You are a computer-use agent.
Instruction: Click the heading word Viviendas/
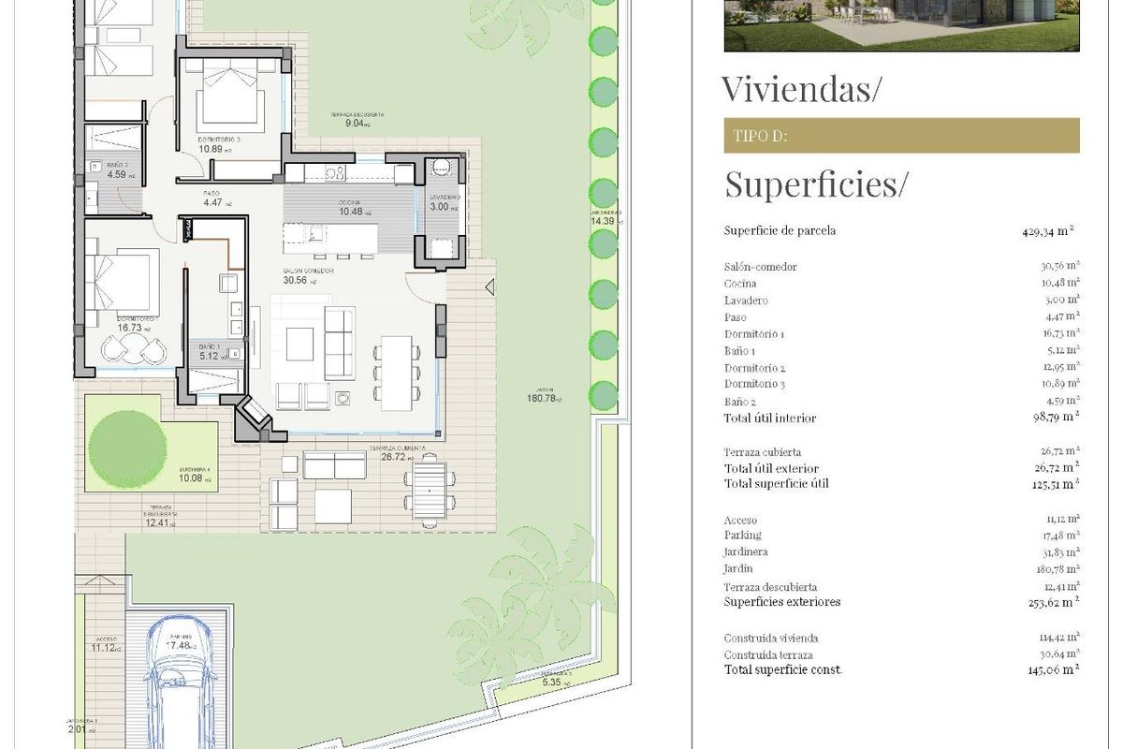pyautogui.click(x=802, y=89)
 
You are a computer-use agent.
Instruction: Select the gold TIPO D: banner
pyautogui.click(x=901, y=136)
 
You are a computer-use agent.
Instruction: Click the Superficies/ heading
pyautogui.click(x=815, y=184)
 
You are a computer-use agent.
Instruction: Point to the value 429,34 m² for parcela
pyautogui.click(x=1047, y=230)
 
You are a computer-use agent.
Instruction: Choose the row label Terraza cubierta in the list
pyautogui.click(x=762, y=452)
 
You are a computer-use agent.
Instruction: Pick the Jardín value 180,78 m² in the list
pyautogui.click(x=1053, y=568)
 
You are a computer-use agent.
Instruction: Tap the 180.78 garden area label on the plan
pyautogui.click(x=542, y=398)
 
